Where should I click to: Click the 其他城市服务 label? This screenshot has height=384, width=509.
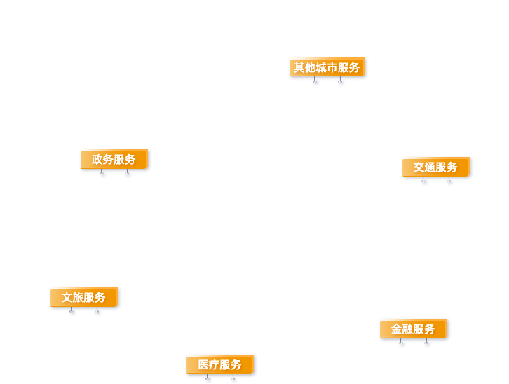point(327,67)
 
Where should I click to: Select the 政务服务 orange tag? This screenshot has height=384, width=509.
point(114,159)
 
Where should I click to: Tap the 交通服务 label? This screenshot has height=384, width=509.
point(435,167)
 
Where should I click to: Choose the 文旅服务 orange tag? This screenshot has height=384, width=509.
point(83,297)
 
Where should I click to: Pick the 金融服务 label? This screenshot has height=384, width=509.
point(413,329)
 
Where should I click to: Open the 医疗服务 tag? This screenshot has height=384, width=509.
point(219,364)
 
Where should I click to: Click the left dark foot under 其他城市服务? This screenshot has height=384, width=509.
point(317,85)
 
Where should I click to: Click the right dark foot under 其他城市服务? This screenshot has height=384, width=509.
point(341,85)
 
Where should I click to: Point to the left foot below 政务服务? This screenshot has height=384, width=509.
point(104,177)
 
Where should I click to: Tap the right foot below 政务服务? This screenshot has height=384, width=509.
point(128,177)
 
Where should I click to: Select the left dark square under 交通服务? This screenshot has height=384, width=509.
point(426,185)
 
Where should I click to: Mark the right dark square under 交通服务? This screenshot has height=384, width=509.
point(450,185)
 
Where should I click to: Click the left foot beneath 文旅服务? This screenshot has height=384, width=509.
point(74,315)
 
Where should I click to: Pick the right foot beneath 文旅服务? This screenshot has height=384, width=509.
point(98,315)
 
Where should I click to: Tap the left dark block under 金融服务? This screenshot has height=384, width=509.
point(403,346)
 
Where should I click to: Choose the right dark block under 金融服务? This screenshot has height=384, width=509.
point(428,346)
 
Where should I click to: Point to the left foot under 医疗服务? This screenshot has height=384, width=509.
point(210,381)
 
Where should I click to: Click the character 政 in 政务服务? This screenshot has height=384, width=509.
point(97,159)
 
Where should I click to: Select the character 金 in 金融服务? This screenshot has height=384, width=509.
point(397,329)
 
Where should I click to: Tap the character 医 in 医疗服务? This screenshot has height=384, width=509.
point(203,364)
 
